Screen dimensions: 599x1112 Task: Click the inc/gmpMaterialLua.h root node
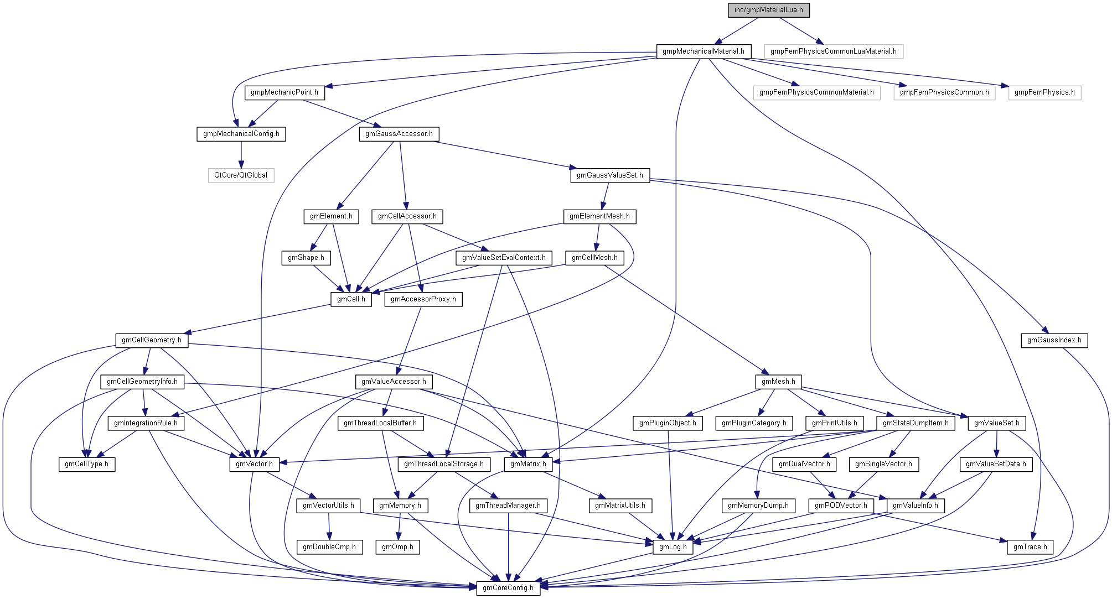coord(768,10)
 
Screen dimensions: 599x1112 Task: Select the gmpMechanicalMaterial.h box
coord(703,51)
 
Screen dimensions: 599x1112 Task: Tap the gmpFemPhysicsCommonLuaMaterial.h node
coord(833,51)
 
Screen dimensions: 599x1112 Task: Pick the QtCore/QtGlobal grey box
coord(241,175)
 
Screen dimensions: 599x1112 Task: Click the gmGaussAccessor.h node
coord(399,134)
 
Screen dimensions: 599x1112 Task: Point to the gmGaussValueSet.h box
coord(610,175)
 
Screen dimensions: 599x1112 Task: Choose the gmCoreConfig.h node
coord(508,588)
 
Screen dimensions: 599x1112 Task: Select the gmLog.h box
coord(673,547)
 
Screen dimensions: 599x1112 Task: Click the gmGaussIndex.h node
coord(1054,340)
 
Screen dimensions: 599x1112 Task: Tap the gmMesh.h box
coord(778,382)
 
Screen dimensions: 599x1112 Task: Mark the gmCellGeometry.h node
coord(152,340)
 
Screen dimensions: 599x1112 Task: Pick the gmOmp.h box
coord(397,547)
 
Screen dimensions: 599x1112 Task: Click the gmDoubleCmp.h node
coord(329,547)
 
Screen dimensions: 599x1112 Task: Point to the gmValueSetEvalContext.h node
coord(504,258)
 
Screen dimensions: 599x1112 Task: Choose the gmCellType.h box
coord(87,464)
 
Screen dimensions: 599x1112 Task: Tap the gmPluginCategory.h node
coord(754,423)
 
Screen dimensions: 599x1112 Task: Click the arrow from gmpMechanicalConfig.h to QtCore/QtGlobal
coord(241,154)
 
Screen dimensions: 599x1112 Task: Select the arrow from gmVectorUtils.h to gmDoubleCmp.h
coord(329,526)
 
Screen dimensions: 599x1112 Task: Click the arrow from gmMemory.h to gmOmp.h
coord(399,526)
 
